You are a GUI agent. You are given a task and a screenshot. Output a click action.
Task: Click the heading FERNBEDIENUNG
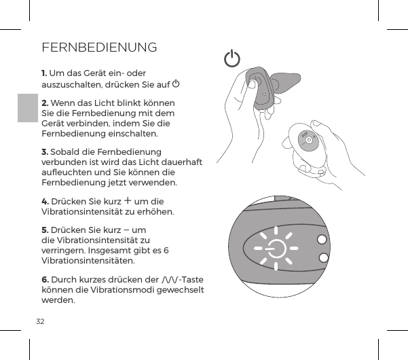coord(99,48)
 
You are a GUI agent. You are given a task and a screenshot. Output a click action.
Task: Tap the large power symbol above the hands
coord(232,59)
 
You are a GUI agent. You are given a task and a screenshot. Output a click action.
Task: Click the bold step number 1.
coord(44,73)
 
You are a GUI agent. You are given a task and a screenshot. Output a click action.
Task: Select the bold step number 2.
coord(45,103)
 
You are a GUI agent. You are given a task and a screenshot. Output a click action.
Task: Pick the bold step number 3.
coord(45,151)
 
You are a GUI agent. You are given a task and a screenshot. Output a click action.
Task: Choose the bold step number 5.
coord(45,230)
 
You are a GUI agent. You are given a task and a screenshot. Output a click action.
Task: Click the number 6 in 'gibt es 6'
coord(166,250)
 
